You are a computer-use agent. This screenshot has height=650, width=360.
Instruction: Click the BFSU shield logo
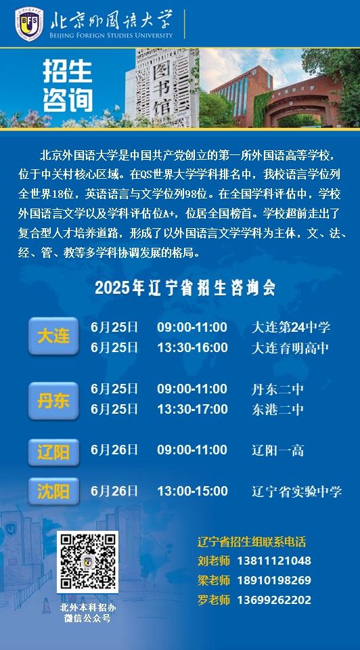point(29,24)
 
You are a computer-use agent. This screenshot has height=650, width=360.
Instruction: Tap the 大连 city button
point(53,336)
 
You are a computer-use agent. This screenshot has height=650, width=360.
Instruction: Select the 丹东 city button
point(53,401)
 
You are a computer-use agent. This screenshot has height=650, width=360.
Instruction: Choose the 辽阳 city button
point(53,453)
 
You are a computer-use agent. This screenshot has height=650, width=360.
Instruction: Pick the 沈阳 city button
point(53,492)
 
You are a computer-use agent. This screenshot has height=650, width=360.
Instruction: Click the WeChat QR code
point(87,562)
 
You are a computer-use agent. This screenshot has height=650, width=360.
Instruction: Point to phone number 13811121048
point(274,561)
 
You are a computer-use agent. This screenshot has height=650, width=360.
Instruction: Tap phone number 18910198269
point(274,580)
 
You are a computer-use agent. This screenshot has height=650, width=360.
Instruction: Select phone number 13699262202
point(274,600)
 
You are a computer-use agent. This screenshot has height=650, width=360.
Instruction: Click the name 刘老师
point(213,561)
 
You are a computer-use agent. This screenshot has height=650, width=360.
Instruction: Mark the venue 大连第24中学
point(291,328)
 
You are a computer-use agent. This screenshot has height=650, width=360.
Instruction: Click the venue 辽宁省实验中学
point(296,492)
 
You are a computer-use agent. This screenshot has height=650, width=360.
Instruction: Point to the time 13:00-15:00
point(192,492)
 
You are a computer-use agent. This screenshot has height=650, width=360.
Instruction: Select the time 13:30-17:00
point(192,409)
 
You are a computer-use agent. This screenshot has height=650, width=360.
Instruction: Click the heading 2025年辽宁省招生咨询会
point(185,288)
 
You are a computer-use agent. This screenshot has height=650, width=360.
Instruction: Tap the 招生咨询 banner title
point(68,86)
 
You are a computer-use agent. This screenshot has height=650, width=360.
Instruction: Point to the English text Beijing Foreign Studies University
point(110,35)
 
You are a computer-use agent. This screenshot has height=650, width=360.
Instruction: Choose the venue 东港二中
point(277,410)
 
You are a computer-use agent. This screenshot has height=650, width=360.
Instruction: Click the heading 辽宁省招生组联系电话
point(252,542)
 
